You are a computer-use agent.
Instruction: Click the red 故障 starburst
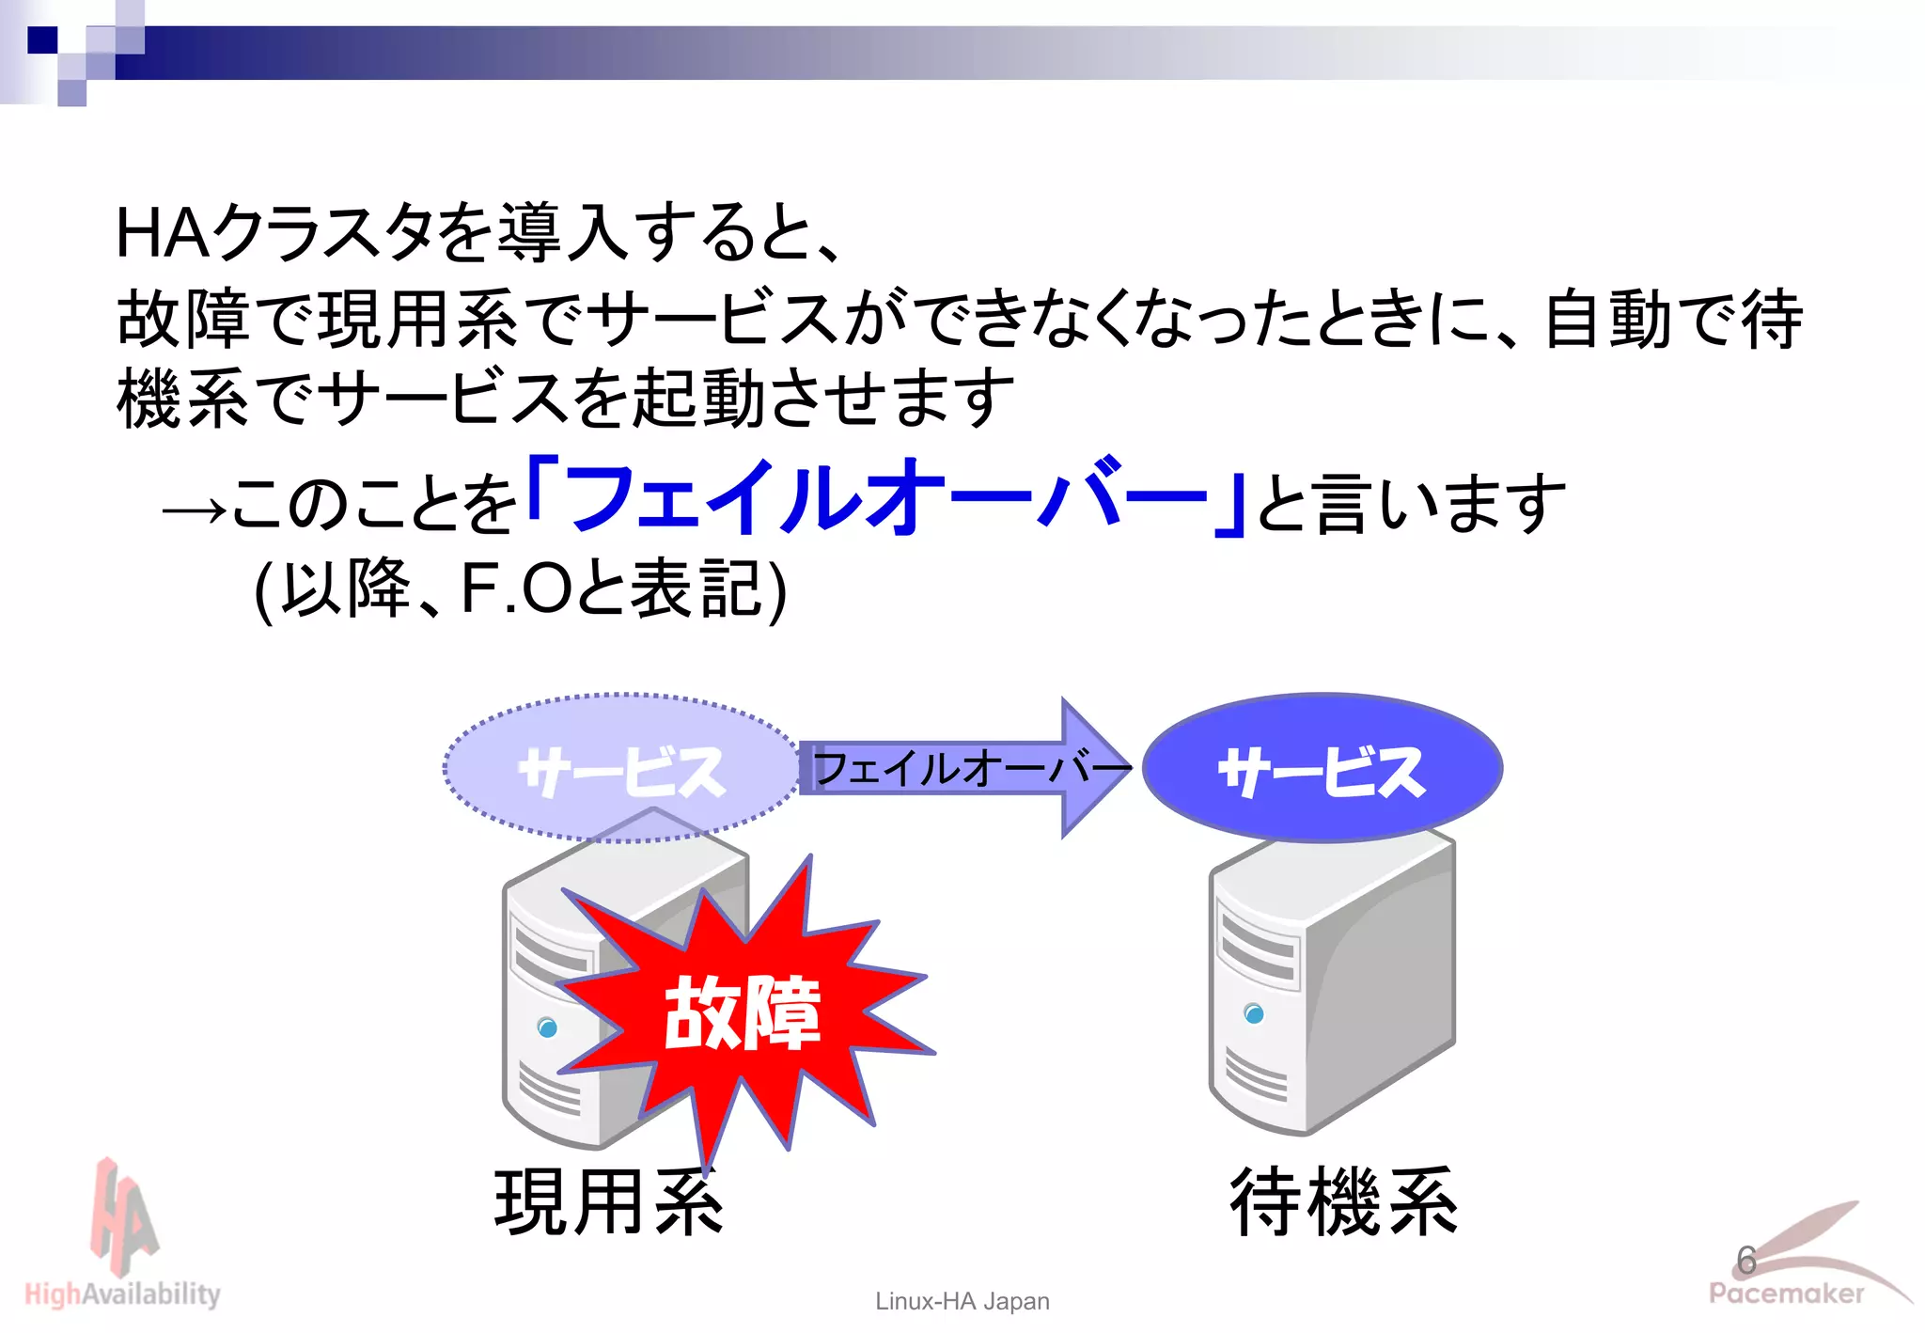pyautogui.click(x=742, y=1011)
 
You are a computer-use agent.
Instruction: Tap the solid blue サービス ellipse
pyautogui.click(x=1322, y=769)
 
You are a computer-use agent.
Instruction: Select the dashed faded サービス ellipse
pyautogui.click(x=620, y=769)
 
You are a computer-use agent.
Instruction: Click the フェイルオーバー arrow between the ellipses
pyautogui.click(x=968, y=768)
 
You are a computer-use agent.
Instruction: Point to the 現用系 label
pyautogui.click(x=608, y=1202)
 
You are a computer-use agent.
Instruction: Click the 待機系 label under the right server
pyautogui.click(x=1343, y=1202)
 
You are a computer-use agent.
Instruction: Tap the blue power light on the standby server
pyautogui.click(x=1253, y=1012)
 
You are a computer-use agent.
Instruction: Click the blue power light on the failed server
pyautogui.click(x=547, y=1027)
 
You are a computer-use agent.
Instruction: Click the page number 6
pyautogui.click(x=1746, y=1261)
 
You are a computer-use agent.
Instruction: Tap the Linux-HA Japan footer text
pyautogui.click(x=962, y=1301)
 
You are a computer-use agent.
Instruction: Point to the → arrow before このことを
pyautogui.click(x=194, y=510)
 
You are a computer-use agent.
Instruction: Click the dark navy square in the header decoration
pyautogui.click(x=42, y=40)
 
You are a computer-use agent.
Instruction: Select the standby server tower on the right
pyautogui.click(x=1331, y=982)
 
